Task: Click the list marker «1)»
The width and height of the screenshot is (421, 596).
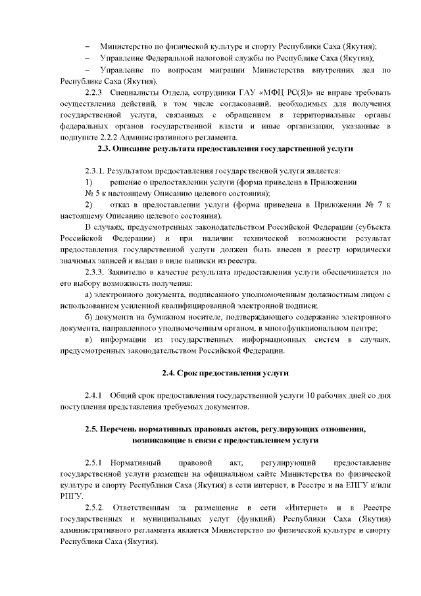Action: pyautogui.click(x=89, y=182)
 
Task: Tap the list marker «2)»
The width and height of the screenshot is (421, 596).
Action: pyautogui.click(x=89, y=205)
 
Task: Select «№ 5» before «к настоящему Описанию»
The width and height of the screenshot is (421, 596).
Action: pyautogui.click(x=92, y=194)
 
